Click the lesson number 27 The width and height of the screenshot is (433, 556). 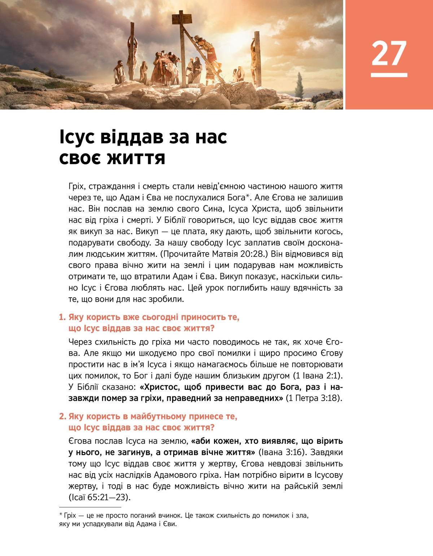pos(389,53)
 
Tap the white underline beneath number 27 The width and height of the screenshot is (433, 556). pos(389,75)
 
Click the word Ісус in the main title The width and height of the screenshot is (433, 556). pos(77,137)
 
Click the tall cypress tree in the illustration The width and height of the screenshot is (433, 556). pos(299,85)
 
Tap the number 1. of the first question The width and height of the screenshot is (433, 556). pos(62,317)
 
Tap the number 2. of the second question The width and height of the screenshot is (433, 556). pos(62,417)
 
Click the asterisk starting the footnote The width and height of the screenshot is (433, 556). pos(61,515)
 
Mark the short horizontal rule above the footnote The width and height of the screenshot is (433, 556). pos(90,507)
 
